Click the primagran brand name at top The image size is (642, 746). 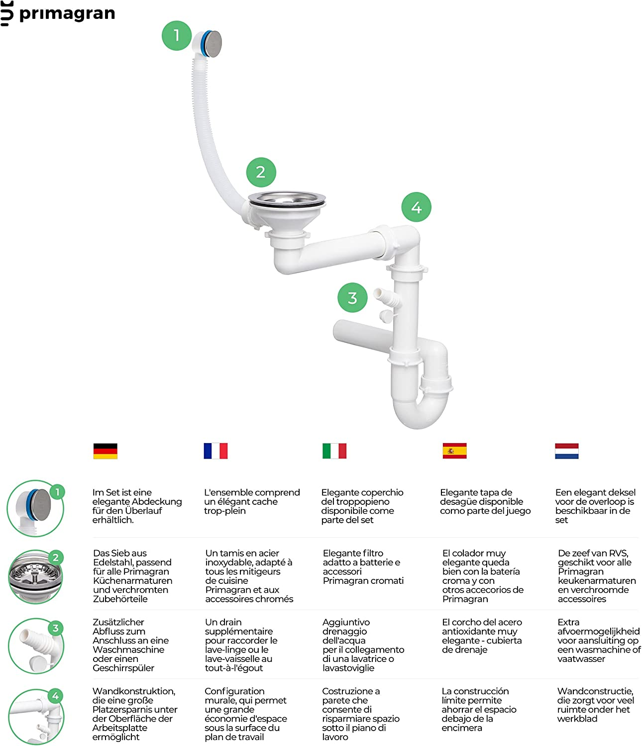[x=67, y=14]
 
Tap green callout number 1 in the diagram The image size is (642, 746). [x=177, y=35]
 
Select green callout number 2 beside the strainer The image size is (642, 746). [x=261, y=172]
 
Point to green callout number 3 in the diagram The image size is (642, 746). [x=352, y=298]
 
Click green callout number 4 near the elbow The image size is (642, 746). [x=417, y=207]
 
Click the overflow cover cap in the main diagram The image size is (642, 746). [x=214, y=43]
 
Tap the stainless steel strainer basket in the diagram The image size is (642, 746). [x=287, y=200]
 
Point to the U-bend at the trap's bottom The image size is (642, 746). [x=420, y=411]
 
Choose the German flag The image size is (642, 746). [x=105, y=451]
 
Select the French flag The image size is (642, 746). [x=215, y=451]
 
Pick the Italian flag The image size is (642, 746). [x=334, y=451]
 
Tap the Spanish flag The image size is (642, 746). [x=454, y=451]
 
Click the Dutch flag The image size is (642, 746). [x=566, y=451]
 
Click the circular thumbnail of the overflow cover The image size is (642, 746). [x=35, y=508]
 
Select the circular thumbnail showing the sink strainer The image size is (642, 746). [x=35, y=577]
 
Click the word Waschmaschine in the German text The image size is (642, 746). [x=128, y=650]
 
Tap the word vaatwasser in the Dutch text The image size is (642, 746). [x=581, y=659]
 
